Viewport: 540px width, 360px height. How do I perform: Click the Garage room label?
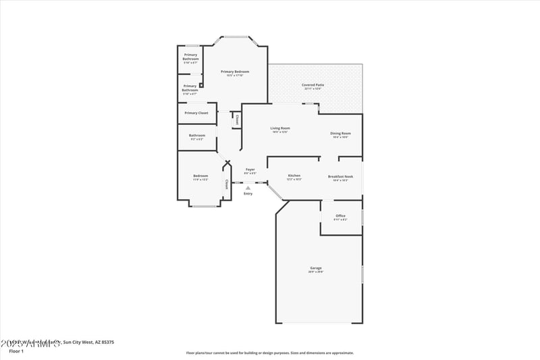coord(315,268)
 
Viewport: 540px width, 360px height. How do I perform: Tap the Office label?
coord(340,216)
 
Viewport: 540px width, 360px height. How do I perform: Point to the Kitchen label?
coord(294,176)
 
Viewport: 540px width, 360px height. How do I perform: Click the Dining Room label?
coord(340,133)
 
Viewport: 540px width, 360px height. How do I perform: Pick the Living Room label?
coord(280,128)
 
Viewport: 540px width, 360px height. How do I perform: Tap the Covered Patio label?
coord(313,85)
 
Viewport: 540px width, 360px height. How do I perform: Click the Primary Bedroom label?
coord(235,72)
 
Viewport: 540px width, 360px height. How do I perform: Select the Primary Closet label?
coord(196,113)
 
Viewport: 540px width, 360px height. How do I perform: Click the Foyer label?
coord(250,169)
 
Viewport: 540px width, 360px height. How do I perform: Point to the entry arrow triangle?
coord(248,188)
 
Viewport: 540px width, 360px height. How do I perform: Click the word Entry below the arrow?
coord(248,194)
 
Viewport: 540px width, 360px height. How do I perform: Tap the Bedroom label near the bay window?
coord(200,176)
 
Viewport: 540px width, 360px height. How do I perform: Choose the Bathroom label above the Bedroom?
coord(196,135)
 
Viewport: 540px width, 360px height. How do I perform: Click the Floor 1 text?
coord(16,351)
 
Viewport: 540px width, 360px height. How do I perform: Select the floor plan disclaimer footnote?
coord(269,353)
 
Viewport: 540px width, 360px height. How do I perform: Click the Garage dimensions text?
coord(315,272)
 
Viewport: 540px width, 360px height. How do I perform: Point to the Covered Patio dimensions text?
coord(313,88)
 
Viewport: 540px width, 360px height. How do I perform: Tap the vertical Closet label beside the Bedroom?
coord(227,184)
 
